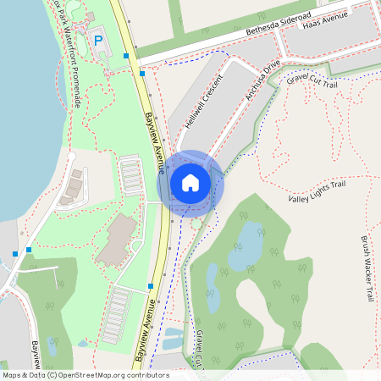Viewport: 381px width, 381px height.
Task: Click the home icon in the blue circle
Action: (190, 182)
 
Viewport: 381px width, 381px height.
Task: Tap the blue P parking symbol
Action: (98, 40)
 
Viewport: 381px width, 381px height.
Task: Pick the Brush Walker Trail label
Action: (367, 269)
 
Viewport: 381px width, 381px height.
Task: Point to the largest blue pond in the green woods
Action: (249, 242)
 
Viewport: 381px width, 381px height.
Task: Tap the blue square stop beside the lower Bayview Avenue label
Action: (151, 286)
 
